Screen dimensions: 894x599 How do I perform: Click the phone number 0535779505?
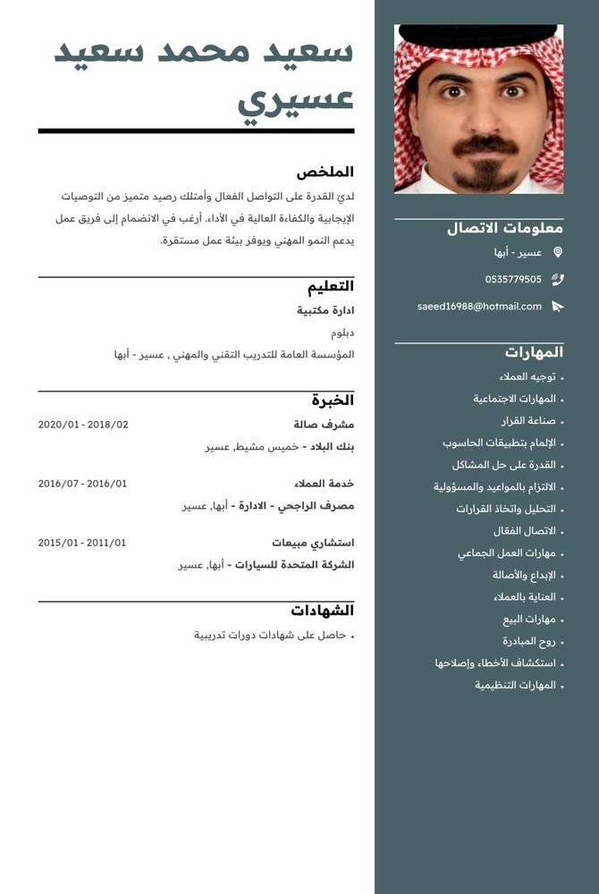513,279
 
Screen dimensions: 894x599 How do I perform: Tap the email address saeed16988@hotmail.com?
479,307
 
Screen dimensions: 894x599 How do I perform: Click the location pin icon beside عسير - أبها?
558,253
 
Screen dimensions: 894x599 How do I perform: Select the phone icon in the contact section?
558,279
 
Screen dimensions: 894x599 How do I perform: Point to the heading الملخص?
325,172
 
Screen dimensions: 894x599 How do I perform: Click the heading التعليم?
331,286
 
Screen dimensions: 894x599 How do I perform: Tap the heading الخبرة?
333,400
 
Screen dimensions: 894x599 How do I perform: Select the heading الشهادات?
323,611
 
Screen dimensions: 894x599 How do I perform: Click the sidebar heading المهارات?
534,351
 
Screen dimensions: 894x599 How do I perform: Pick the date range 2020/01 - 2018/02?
83,425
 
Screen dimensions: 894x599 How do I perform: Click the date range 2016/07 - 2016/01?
82,484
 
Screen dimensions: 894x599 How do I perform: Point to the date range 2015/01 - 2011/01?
82,543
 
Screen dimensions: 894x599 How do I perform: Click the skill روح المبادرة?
529,641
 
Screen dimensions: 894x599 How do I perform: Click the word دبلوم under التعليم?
342,333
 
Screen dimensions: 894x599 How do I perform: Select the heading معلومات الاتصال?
505,228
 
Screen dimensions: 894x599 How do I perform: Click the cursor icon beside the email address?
558,307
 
